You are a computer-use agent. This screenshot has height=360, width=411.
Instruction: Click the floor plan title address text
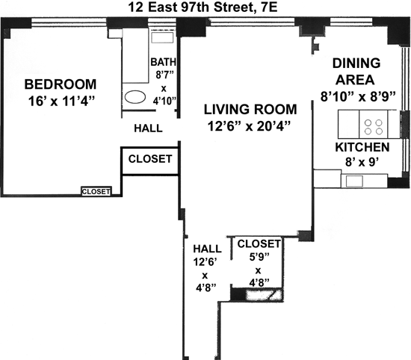point(203,7)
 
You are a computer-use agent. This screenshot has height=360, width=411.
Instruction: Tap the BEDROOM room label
point(61,84)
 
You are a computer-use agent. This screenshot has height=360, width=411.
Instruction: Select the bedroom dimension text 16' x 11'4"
point(61,101)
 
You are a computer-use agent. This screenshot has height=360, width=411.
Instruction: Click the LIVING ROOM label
point(250,109)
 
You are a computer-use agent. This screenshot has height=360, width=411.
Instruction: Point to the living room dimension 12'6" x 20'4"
point(249,126)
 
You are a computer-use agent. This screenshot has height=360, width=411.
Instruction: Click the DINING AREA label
point(356,71)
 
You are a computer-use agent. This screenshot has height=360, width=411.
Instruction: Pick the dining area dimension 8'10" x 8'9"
point(358,96)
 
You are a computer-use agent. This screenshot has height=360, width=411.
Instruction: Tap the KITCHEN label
point(362,147)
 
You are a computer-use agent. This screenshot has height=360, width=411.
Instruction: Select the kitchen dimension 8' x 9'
point(362,162)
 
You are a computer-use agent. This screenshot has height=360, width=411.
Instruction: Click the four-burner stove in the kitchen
point(374,124)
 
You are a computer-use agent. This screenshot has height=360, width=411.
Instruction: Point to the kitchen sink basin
point(354,181)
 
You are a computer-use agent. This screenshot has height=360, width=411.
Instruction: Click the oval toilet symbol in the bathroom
point(135,97)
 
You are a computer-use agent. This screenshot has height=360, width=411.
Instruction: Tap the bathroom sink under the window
point(162,37)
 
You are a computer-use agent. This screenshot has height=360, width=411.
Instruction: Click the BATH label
point(164,62)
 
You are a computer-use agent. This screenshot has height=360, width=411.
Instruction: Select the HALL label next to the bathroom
point(149,128)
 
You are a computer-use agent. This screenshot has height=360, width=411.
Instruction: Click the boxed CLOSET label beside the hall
point(150,159)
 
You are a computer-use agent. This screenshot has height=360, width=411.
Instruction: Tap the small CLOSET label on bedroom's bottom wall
point(96,191)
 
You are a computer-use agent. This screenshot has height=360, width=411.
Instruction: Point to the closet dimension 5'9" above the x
point(259,257)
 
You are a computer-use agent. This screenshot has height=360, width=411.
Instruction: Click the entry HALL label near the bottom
point(207,249)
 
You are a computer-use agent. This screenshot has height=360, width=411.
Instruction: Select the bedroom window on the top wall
point(69,22)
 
